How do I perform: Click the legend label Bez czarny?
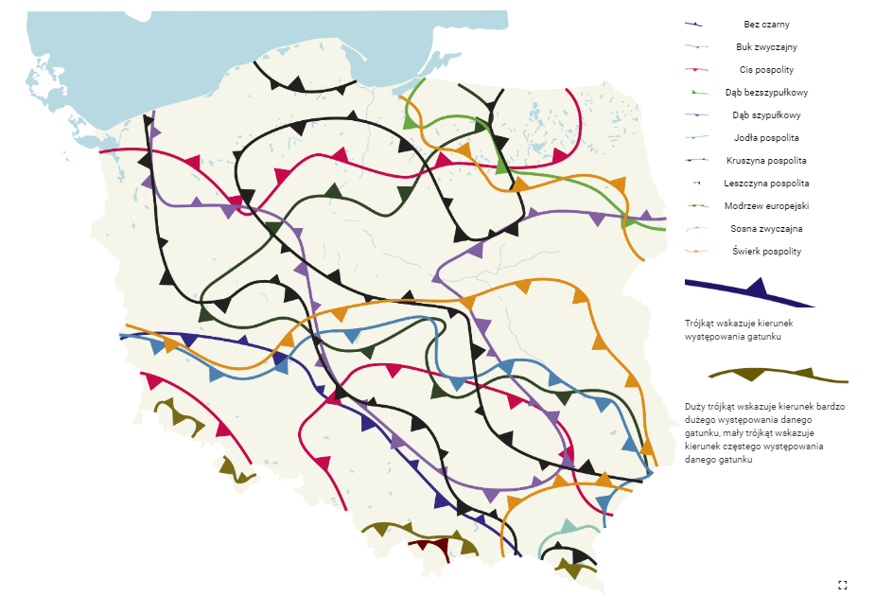tap(766, 25)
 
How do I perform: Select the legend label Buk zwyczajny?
tap(766, 47)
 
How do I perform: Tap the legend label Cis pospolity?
tap(766, 70)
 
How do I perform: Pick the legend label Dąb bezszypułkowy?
tap(766, 93)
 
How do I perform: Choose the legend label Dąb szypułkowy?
tap(766, 115)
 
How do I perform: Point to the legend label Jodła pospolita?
tap(766, 138)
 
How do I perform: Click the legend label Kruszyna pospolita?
tap(766, 161)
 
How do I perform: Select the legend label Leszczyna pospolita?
tap(766, 184)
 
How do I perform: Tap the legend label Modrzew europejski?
tap(766, 206)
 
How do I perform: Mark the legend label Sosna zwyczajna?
tap(766, 229)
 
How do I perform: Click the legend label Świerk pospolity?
tap(766, 252)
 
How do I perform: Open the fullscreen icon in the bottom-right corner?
tap(842, 586)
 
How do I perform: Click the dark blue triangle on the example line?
tap(755, 288)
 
